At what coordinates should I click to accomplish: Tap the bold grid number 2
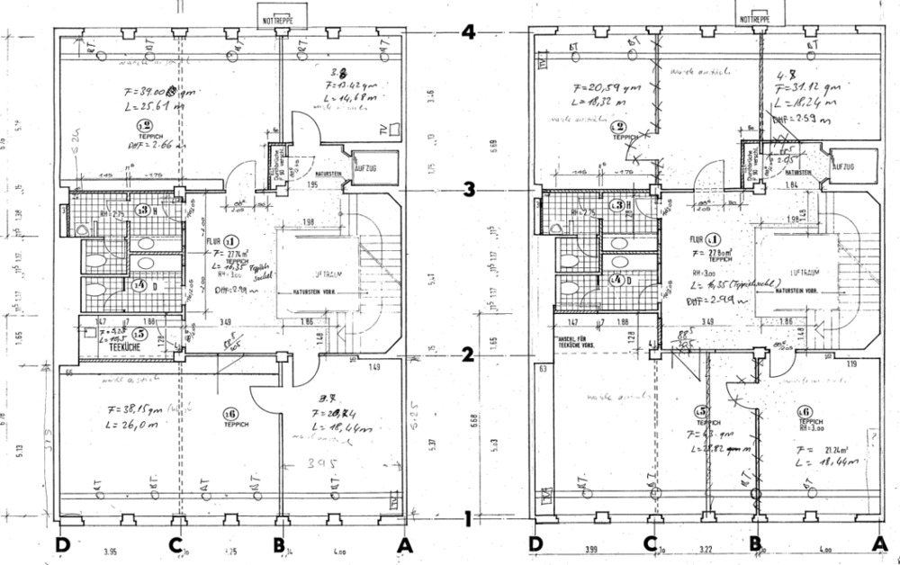click(x=467, y=354)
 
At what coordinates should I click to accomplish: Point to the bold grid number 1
click(x=467, y=519)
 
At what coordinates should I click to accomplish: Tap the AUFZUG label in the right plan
click(x=843, y=166)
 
